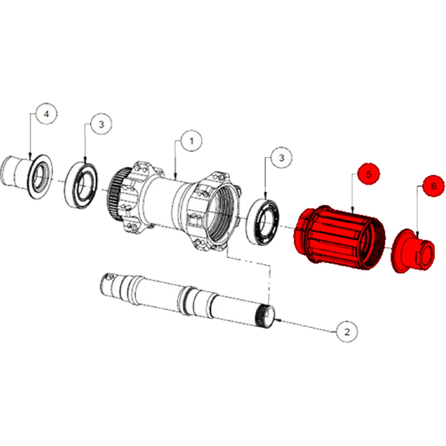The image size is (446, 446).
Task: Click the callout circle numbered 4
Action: [47, 114]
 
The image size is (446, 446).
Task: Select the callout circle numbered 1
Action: [192, 141]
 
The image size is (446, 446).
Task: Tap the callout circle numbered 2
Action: [347, 332]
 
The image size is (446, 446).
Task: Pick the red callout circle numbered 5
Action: [369, 174]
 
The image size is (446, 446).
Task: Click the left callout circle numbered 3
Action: [101, 125]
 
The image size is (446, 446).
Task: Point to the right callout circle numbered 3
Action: [281, 158]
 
